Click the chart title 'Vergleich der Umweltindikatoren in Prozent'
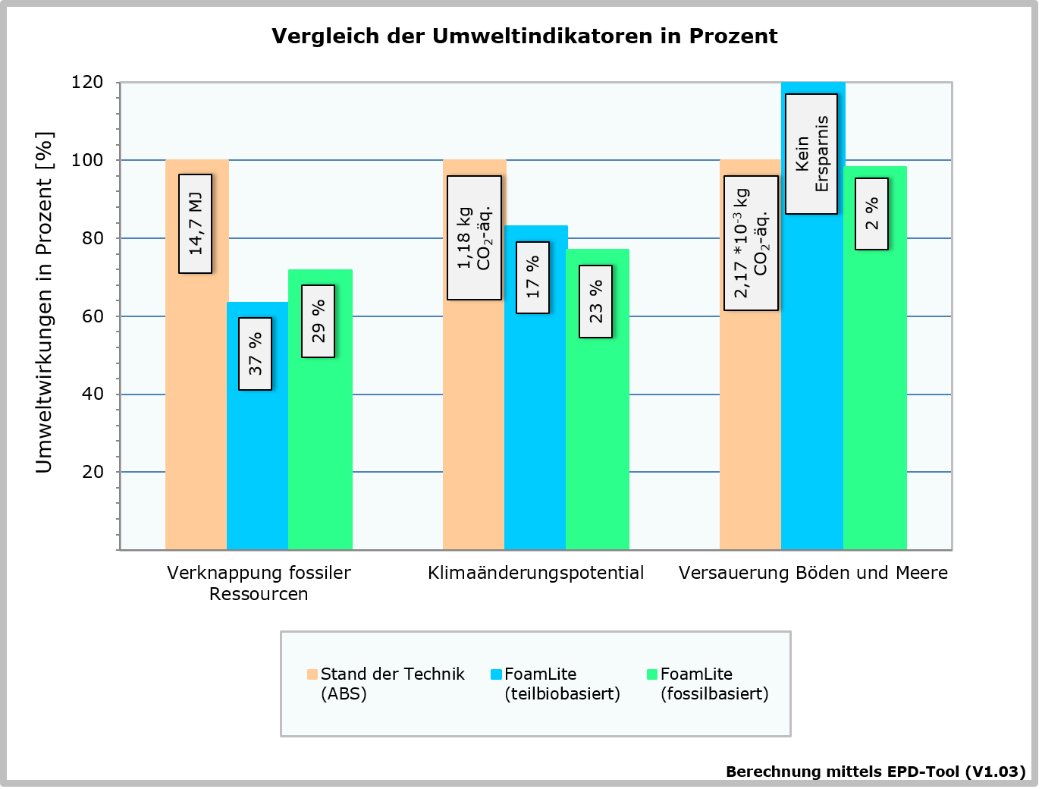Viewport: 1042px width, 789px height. pyautogui.click(x=524, y=36)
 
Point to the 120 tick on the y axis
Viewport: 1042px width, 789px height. pyautogui.click(x=87, y=82)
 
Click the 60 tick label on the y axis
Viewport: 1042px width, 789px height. pyautogui.click(x=93, y=316)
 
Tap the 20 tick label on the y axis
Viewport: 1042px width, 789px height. pyautogui.click(x=93, y=472)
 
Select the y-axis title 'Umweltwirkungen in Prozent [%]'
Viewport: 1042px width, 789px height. pyautogui.click(x=45, y=302)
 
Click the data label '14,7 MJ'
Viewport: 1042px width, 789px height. pyautogui.click(x=195, y=224)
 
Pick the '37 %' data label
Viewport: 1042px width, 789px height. pyautogui.click(x=256, y=354)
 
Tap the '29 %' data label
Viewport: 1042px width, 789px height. pyautogui.click(x=318, y=321)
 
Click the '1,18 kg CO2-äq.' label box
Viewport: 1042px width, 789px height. pyautogui.click(x=474, y=238)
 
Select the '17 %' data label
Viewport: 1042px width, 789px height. pyautogui.click(x=532, y=277)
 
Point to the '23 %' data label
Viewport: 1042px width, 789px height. pyautogui.click(x=595, y=301)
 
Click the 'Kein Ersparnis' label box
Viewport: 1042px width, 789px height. pyautogui.click(x=811, y=154)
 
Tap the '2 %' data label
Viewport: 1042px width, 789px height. pyautogui.click(x=871, y=214)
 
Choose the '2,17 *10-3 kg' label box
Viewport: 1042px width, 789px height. pyautogui.click(x=751, y=243)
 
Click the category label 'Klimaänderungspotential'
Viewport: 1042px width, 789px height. pyautogui.click(x=535, y=573)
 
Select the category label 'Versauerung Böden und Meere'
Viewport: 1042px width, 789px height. pyautogui.click(x=813, y=573)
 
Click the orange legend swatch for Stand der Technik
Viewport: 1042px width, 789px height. pyautogui.click(x=312, y=674)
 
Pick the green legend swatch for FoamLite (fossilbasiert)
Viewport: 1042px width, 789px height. pyautogui.click(x=651, y=674)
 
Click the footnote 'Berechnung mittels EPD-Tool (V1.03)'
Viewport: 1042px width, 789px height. pyautogui.click(x=875, y=772)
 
